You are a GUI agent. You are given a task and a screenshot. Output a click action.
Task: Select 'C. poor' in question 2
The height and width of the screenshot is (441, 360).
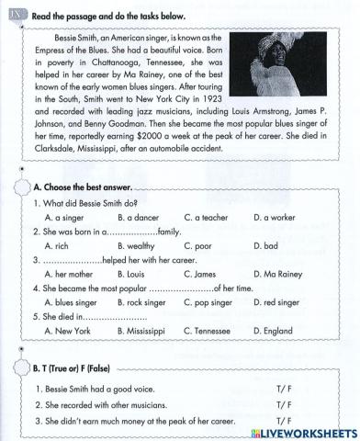(197, 246)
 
